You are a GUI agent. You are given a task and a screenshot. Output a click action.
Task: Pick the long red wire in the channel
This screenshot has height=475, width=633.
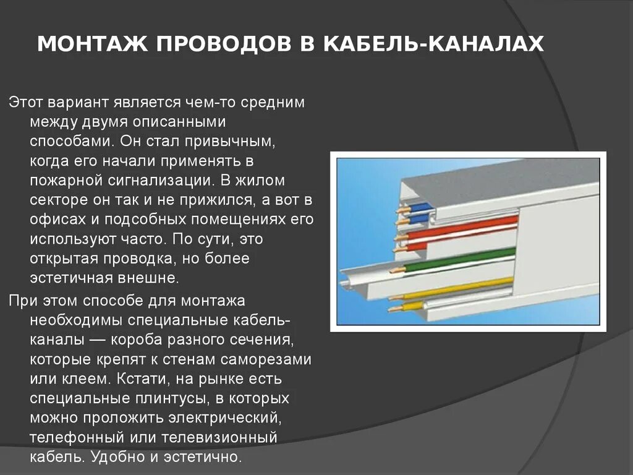(464, 227)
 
